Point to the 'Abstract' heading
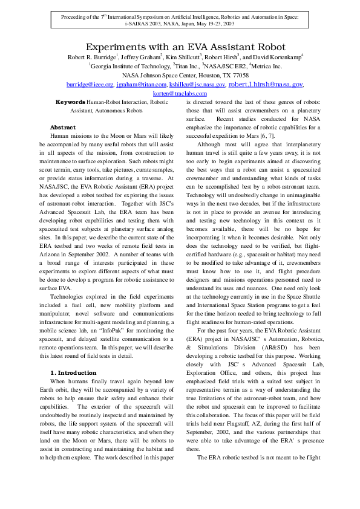pos(62,128)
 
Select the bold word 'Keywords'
pos(70,102)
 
